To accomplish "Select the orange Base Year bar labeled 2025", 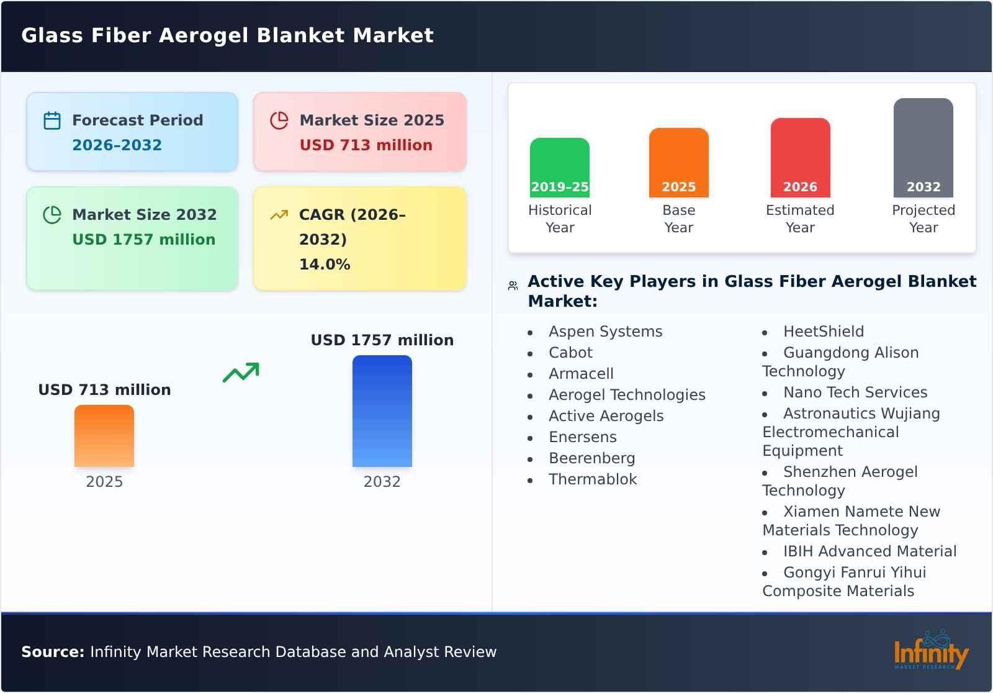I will (x=678, y=163).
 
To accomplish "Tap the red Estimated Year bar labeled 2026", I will (x=800, y=158).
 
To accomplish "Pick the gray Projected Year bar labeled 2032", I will (x=923, y=148).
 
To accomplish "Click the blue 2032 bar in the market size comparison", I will (x=382, y=411).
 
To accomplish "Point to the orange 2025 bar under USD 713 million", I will (x=104, y=436).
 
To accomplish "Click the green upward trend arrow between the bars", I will (x=241, y=373).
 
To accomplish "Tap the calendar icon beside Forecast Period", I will (x=52, y=120).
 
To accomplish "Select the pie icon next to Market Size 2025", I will (x=279, y=120).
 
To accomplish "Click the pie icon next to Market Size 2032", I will (x=52, y=215).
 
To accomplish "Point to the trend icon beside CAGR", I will (x=279, y=215).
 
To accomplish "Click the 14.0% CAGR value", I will (x=325, y=265).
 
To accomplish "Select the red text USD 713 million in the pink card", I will (x=366, y=145).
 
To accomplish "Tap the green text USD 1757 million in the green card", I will (x=143, y=240).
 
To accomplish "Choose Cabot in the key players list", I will (x=570, y=353).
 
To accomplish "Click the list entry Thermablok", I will (x=593, y=479).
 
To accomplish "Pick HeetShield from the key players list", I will (x=823, y=332).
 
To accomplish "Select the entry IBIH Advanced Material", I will (x=869, y=551).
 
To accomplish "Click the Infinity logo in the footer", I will (x=931, y=651).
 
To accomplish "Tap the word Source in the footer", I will (x=52, y=652).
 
